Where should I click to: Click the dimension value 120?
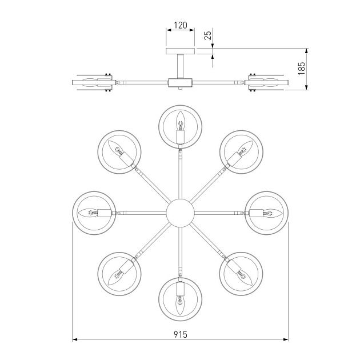pyautogui.click(x=181, y=25)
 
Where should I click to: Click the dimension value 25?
pyautogui.click(x=209, y=36)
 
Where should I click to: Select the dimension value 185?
pyautogui.click(x=302, y=69)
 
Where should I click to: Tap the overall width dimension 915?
pyautogui.click(x=180, y=334)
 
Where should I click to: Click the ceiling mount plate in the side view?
pyautogui.click(x=181, y=51)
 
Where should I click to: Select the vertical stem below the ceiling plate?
pyautogui.click(x=181, y=65)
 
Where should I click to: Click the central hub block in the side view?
pyautogui.click(x=181, y=82)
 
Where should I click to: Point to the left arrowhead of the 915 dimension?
pyautogui.click(x=75, y=340)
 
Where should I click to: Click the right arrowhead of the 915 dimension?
pyautogui.click(x=285, y=340)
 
